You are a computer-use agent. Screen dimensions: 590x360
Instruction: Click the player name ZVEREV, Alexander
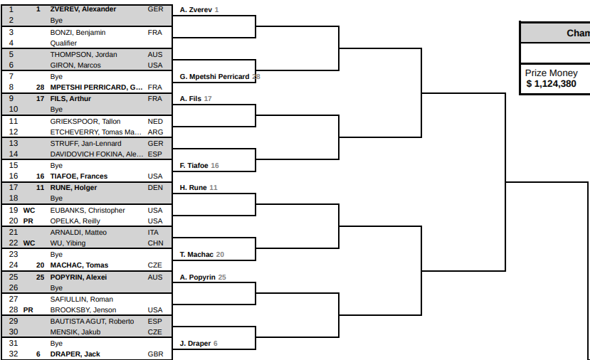click(x=83, y=9)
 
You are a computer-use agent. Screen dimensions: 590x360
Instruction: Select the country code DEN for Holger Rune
click(x=155, y=187)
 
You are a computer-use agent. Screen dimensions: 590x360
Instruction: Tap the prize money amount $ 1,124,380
click(x=552, y=83)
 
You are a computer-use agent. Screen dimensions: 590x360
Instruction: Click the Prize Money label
click(x=552, y=73)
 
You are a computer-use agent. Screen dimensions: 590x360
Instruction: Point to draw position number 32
click(x=14, y=354)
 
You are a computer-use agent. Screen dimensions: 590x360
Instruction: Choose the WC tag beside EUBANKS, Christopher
click(x=29, y=211)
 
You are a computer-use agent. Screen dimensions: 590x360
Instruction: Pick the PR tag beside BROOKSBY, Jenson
click(x=28, y=310)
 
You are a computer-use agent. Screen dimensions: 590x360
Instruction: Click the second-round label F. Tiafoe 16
click(x=199, y=166)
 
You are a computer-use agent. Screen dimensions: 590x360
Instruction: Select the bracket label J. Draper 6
click(x=199, y=343)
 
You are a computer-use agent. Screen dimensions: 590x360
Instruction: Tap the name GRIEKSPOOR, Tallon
click(x=85, y=122)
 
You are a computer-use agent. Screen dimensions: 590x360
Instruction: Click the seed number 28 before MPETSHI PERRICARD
click(x=41, y=88)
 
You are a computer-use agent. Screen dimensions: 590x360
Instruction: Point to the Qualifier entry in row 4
click(x=63, y=43)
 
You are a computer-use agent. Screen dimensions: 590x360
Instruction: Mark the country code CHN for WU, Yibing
click(x=155, y=243)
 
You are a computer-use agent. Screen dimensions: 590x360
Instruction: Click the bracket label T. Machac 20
click(x=201, y=254)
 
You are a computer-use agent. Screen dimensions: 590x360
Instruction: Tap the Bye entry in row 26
click(x=56, y=287)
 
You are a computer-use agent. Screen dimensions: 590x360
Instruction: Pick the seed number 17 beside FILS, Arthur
click(x=41, y=99)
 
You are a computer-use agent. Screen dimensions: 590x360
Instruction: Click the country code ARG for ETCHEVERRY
click(x=155, y=132)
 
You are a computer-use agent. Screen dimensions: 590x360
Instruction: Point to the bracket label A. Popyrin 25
click(x=203, y=277)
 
